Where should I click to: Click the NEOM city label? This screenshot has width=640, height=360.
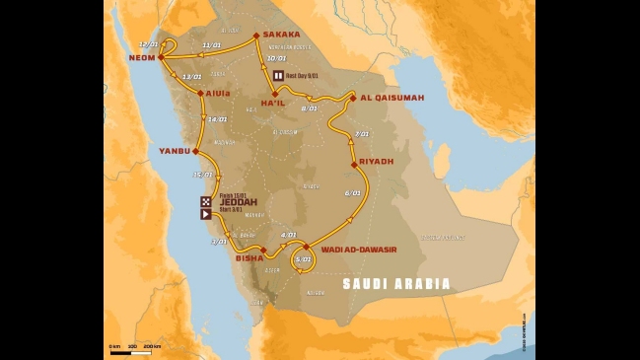(x=141, y=58)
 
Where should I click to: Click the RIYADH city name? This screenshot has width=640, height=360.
(x=377, y=161)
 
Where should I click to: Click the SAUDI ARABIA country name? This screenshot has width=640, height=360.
(x=396, y=284)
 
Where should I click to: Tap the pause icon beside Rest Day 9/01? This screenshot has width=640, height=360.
(x=278, y=75)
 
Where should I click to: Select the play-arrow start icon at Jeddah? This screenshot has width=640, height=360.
(x=205, y=213)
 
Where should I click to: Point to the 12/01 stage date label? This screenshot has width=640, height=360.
(x=150, y=44)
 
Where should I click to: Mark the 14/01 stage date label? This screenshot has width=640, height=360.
(x=217, y=119)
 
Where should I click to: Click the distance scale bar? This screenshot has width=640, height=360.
(x=134, y=352)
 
